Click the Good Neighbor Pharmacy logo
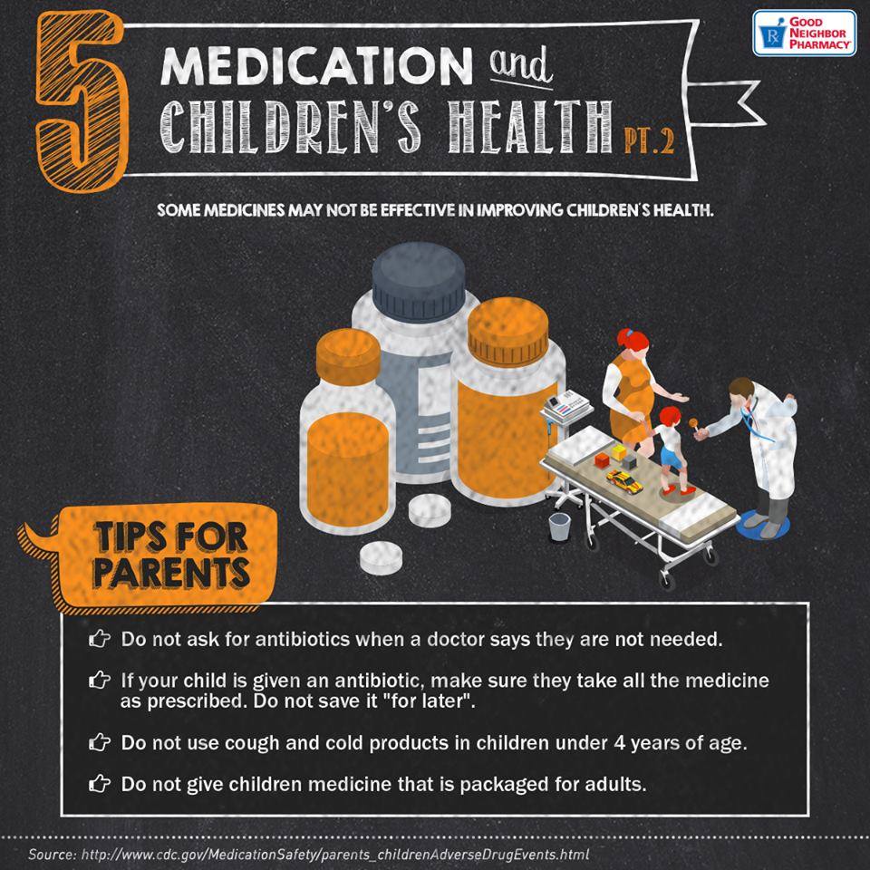(x=804, y=34)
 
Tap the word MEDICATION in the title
(x=316, y=66)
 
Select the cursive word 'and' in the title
(x=520, y=66)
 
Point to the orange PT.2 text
(x=649, y=141)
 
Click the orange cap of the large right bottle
(x=507, y=332)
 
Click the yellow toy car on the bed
(x=624, y=480)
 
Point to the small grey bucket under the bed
(x=559, y=527)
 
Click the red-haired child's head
(x=670, y=416)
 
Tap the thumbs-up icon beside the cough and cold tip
(x=100, y=742)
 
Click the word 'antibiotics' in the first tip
(x=303, y=639)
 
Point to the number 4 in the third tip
(x=619, y=742)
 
